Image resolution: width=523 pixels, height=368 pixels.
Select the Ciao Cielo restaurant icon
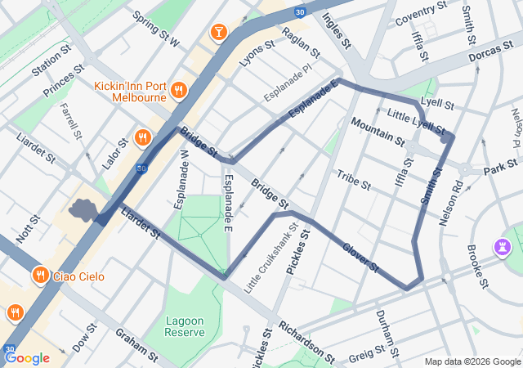coord(39,276)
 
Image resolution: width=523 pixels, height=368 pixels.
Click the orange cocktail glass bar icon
coord(218,32)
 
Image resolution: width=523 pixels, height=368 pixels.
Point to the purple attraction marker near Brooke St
coord(502,246)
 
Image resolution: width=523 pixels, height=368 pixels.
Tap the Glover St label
coord(360,256)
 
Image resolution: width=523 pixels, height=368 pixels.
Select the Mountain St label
coord(378,131)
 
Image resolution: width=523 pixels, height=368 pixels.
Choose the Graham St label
coord(136,345)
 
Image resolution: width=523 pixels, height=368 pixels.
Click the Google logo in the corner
coord(27,357)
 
